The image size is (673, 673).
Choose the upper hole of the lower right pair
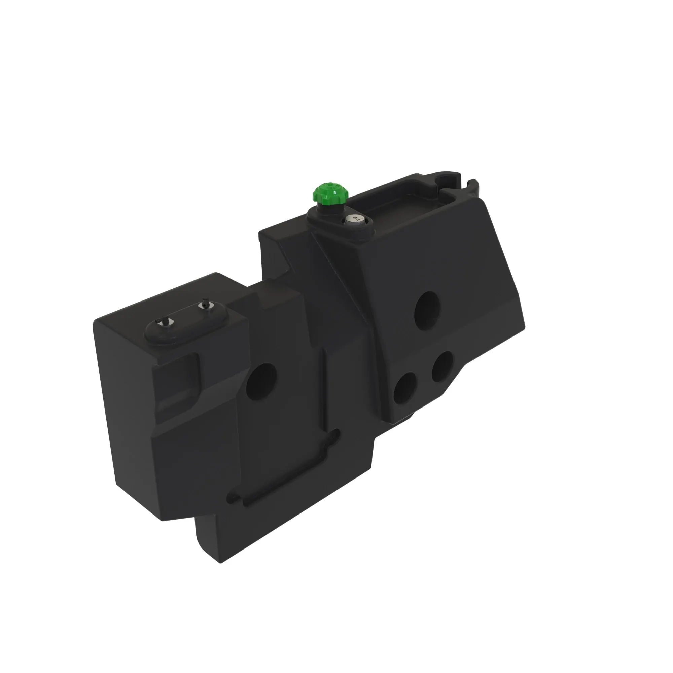442,367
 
